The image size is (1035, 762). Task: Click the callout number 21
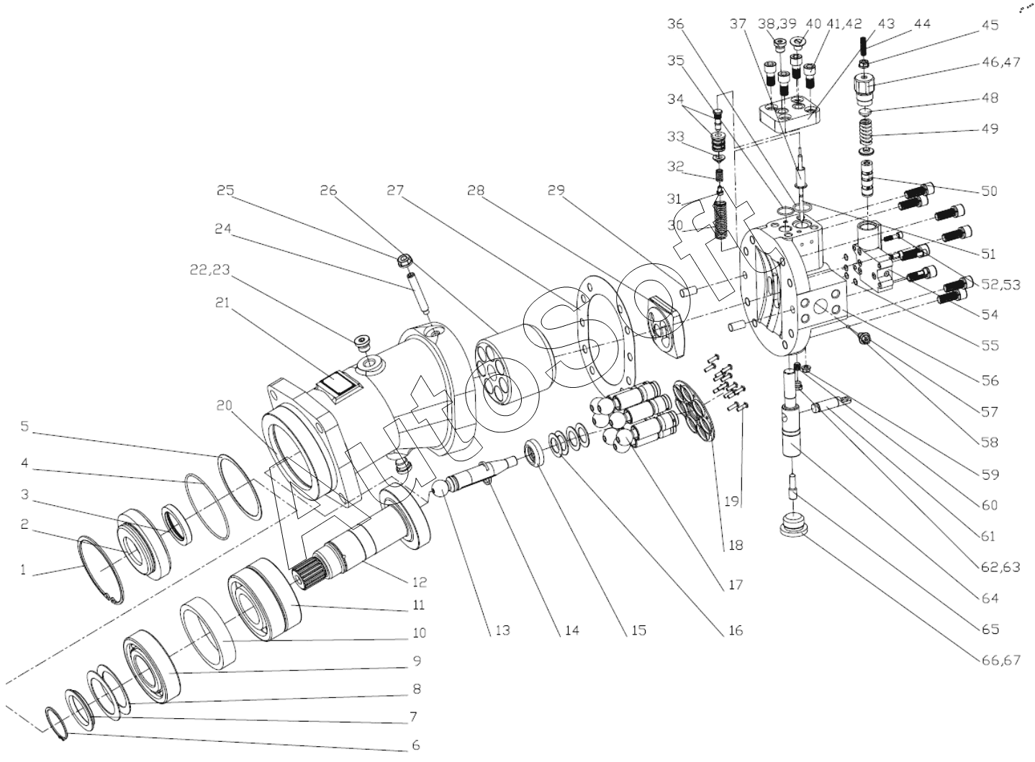(x=222, y=304)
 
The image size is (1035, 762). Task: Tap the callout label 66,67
(x=1000, y=660)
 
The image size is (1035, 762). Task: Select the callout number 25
(x=225, y=191)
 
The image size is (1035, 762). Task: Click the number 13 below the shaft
(x=502, y=630)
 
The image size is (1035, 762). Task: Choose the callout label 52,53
(x=1000, y=284)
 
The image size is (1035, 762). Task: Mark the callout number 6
(x=415, y=745)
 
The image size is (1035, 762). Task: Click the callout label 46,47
(x=1000, y=63)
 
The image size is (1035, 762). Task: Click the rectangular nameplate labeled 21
(x=335, y=384)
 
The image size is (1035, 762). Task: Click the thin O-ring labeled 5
(x=238, y=485)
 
